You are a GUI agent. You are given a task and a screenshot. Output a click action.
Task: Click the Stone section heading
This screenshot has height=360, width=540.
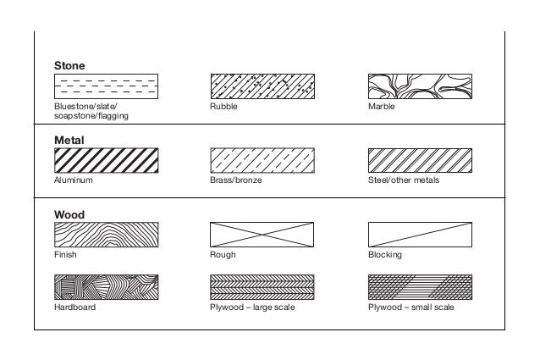coord(69,64)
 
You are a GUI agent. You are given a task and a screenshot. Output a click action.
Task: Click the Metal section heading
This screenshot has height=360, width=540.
coord(69,140)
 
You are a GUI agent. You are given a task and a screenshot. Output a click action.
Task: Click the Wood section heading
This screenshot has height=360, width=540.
coord(69,214)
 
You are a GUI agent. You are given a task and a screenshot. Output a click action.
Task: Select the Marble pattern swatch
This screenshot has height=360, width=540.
coord(420,86)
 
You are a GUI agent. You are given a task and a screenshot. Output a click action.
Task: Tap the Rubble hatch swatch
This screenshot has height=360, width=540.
coord(262,86)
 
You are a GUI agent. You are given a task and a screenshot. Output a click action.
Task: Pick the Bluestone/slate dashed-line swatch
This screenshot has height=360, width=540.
coord(106,86)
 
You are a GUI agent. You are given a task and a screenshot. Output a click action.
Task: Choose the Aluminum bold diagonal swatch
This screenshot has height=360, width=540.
coord(106,161)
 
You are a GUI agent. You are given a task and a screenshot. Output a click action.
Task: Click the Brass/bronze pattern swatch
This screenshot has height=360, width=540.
coord(262,161)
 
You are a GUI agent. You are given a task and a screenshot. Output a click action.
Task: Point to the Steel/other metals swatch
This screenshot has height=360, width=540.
coord(420,161)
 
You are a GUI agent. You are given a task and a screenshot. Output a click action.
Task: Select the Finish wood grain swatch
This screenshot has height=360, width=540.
coord(106,235)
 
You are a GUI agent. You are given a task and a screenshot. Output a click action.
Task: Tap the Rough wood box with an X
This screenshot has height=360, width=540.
coord(262,235)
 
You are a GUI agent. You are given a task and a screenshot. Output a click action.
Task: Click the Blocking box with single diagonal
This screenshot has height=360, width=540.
coord(420,235)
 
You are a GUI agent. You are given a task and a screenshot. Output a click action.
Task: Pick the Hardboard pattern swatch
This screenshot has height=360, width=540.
coord(106,287)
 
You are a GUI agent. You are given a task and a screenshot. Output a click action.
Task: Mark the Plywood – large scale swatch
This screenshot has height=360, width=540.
coord(262,287)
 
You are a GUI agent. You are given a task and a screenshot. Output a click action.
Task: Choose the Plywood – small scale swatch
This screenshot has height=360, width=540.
coord(420,287)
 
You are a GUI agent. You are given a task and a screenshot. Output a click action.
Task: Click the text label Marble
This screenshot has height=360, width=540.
coord(382,107)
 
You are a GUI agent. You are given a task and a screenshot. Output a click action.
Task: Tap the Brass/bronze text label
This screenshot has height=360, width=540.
coord(230,180)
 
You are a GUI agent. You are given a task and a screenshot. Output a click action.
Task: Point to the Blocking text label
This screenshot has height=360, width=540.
coord(384,254)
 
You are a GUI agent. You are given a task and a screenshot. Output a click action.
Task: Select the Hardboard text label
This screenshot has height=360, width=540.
coord(74,307)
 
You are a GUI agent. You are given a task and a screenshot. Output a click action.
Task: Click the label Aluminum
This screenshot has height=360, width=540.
coord(73,180)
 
